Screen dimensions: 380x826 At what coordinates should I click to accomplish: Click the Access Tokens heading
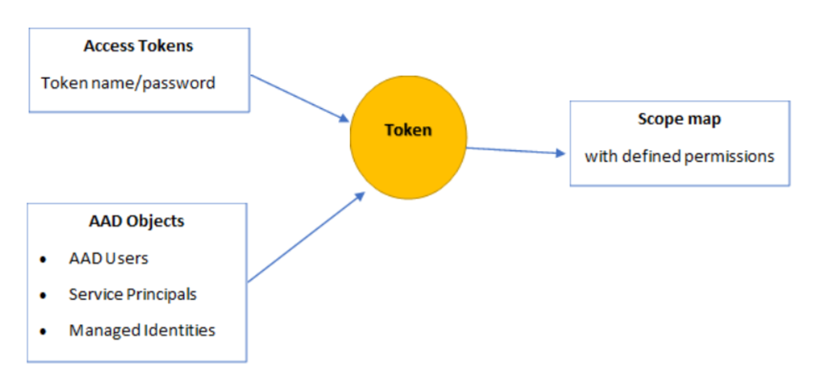(138, 46)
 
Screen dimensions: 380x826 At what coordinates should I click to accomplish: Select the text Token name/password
(128, 82)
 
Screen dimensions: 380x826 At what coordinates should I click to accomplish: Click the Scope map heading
(678, 119)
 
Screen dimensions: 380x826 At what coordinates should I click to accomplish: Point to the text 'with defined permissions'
(679, 156)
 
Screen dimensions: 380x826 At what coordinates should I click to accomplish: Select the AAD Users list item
(109, 258)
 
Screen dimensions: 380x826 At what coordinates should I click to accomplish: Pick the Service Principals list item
(132, 294)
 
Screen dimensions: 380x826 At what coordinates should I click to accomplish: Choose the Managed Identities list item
(142, 330)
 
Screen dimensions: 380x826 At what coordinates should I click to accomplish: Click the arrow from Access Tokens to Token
(298, 99)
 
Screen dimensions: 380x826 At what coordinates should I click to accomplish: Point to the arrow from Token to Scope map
(516, 150)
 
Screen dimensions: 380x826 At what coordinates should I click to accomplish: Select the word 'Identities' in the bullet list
(181, 330)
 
